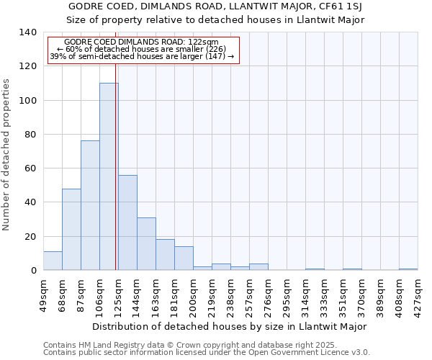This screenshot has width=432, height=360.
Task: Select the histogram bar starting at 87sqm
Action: pyautogui.click(x=90, y=205)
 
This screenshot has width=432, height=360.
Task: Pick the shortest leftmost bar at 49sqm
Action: pyautogui.click(x=53, y=261)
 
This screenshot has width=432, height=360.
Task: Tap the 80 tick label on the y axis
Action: pyautogui.click(x=30, y=135)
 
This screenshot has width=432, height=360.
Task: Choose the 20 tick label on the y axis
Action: pyautogui.click(x=30, y=237)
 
